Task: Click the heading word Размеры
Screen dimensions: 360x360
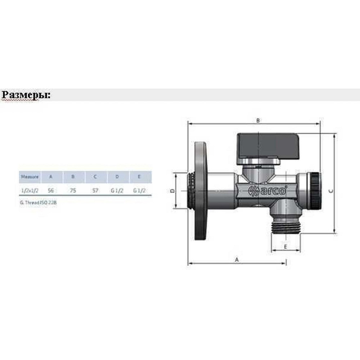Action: pyautogui.click(x=26, y=95)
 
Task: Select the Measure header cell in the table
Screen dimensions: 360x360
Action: pyautogui.click(x=30, y=177)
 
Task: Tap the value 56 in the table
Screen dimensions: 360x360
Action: pyautogui.click(x=51, y=191)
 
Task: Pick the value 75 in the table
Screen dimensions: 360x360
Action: pyautogui.click(x=73, y=191)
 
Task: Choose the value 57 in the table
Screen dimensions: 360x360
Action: pyautogui.click(x=95, y=191)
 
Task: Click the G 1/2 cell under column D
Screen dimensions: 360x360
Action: pyautogui.click(x=117, y=191)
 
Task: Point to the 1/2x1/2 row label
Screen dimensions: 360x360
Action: pyautogui.click(x=30, y=191)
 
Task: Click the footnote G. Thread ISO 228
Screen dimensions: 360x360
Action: pyautogui.click(x=39, y=203)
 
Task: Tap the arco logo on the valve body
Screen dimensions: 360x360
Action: pyautogui.click(x=268, y=190)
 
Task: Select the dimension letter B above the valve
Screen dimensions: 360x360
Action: pyautogui.click(x=258, y=121)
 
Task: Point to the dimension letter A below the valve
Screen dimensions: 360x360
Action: pyautogui.click(x=237, y=259)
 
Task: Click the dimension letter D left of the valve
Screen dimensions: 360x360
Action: pyautogui.click(x=172, y=191)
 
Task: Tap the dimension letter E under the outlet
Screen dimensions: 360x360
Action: pyautogui.click(x=285, y=247)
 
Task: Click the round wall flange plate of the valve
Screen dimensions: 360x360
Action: pyautogui.click(x=201, y=191)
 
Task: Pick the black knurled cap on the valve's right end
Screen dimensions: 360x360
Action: pyautogui.click(x=315, y=191)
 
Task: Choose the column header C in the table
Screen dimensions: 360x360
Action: pyautogui.click(x=95, y=177)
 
